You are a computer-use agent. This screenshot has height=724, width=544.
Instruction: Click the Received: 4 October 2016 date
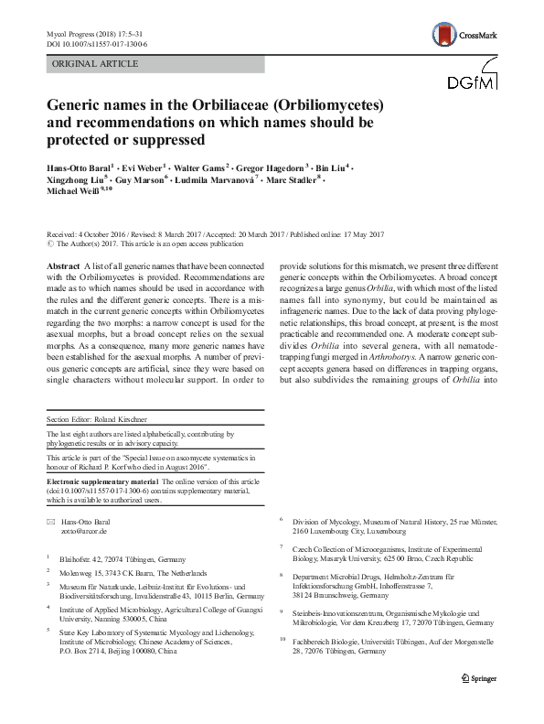(87, 233)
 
